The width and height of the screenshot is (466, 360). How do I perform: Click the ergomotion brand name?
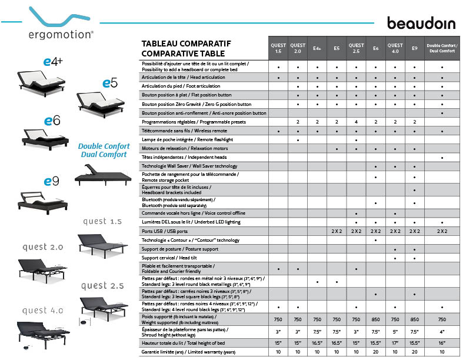[61, 34]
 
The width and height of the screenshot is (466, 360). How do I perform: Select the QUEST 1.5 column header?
[278, 48]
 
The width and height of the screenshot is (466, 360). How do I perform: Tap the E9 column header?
[415, 48]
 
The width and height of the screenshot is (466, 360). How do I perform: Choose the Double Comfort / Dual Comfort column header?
[442, 48]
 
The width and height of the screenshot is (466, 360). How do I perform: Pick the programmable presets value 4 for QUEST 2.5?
[356, 122]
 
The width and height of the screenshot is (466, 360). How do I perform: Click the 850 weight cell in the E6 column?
[375, 319]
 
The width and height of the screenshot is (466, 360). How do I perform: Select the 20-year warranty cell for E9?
[415, 351]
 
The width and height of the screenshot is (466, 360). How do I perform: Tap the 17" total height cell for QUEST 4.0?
[395, 342]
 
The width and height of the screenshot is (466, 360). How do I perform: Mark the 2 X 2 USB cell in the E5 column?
[337, 231]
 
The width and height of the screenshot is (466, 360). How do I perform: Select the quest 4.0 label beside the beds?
[42, 311]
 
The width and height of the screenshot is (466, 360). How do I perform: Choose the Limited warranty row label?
[187, 351]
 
